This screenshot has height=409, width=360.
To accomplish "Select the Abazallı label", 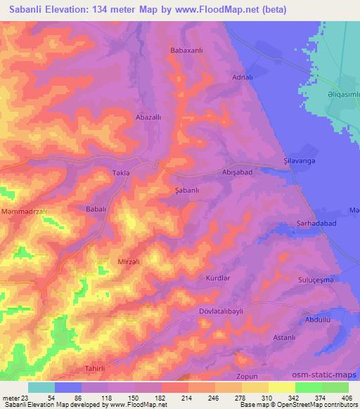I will pos(149,119).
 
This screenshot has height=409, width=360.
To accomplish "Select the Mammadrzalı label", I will pos(23,212).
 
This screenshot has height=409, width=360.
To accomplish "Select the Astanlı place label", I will pos(284,338).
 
